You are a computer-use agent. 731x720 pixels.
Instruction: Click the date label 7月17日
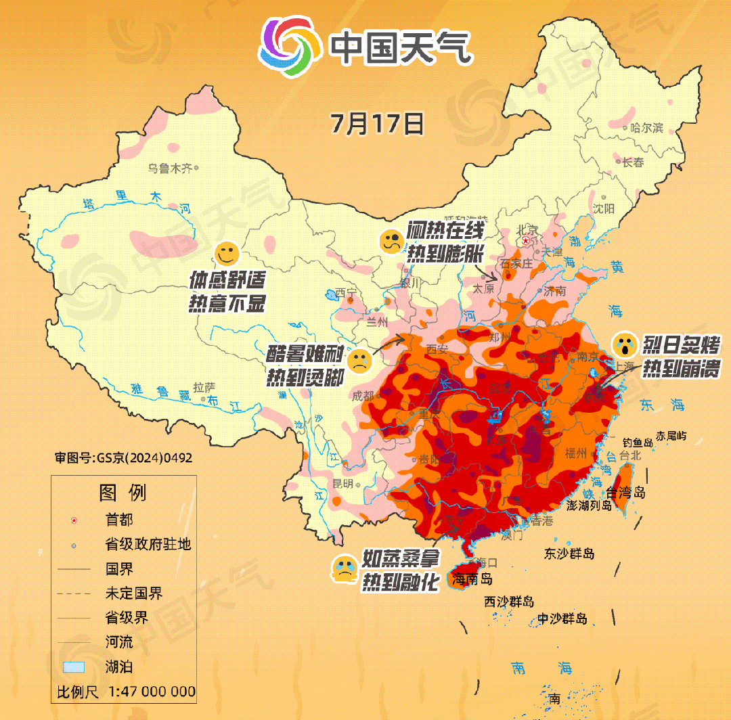pos(377,124)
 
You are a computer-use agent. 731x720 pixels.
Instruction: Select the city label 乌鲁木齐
pos(171,168)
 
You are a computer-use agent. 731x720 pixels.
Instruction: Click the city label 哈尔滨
pos(646,128)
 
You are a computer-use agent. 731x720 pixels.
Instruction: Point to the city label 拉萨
pos(204,388)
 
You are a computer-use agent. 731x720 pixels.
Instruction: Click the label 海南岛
pos(472,579)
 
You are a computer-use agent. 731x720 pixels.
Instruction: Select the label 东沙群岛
pos(569,553)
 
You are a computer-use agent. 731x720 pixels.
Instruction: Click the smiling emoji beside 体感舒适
pos(227,254)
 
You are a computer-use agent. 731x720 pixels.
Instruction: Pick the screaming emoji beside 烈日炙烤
pos(624,344)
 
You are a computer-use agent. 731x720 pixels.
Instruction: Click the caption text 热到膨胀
pos(445,254)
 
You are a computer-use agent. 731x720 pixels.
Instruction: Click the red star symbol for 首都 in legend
pos(74,520)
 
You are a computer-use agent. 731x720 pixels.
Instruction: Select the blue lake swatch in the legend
pos(74,667)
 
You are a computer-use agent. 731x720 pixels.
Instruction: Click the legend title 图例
pos(123,492)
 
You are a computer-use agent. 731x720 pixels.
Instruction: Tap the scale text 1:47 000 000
pos(152,692)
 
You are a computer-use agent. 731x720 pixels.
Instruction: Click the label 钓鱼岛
pos(638,442)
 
